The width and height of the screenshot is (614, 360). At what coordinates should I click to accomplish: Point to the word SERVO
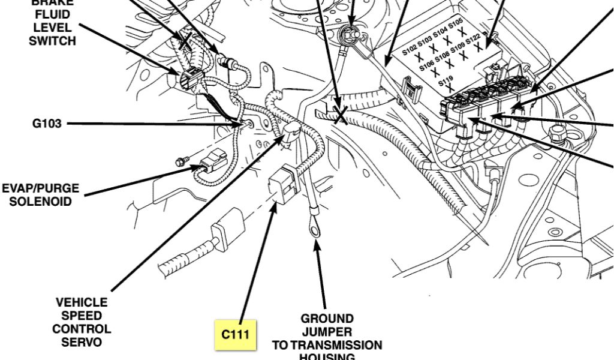[x=81, y=343]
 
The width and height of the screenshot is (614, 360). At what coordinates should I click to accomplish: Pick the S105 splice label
[x=456, y=23]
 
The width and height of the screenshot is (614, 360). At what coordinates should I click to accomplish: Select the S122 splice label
[x=473, y=38]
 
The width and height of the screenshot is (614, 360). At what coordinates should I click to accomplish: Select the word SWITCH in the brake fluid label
[x=52, y=41]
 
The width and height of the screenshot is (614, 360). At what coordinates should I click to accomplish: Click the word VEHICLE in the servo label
[x=82, y=302]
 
